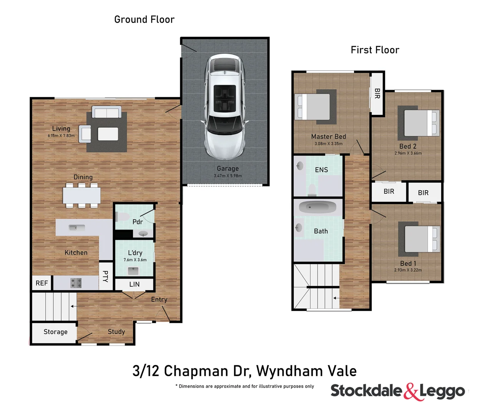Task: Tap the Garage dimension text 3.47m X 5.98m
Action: point(228,176)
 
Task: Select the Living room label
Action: point(61,129)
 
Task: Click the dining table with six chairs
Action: point(82,196)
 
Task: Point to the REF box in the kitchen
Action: point(42,283)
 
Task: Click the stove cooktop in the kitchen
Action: point(76,283)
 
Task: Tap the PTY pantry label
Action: point(105,276)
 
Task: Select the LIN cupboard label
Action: point(135,284)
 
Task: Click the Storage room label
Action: point(55,332)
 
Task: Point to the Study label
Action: point(116,332)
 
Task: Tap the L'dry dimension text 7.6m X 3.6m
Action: point(135,260)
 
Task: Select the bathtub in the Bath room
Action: point(318,207)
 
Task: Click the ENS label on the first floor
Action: point(321,170)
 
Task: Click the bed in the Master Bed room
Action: point(313,106)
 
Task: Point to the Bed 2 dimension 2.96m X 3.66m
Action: point(408,153)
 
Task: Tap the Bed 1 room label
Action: point(408,264)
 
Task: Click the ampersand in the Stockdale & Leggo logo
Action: point(411,392)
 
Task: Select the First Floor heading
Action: point(375,50)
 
